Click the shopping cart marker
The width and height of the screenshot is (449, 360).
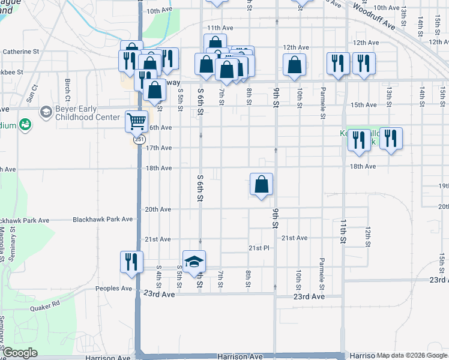137,122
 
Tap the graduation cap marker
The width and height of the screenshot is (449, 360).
194,262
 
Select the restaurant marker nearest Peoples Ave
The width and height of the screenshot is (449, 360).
130,262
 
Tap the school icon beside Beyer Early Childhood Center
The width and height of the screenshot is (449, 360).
46,112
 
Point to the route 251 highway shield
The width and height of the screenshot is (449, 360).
139,139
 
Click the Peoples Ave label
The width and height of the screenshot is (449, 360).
113,289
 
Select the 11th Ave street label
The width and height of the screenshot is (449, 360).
220,28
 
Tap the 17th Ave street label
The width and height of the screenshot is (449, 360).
158,148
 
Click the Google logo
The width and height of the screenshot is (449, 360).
20,353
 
